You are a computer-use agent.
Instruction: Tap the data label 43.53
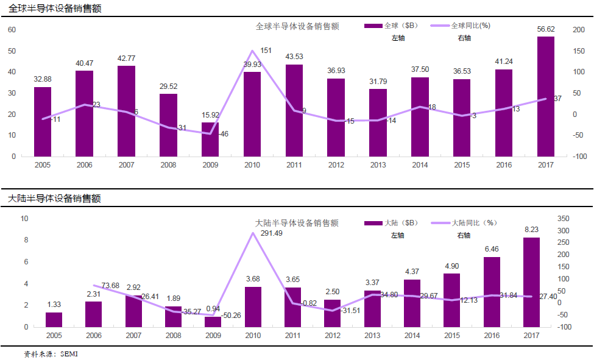point(294,57)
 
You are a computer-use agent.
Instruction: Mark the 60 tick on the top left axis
point(12,30)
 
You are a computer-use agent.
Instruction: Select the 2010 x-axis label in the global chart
point(252,165)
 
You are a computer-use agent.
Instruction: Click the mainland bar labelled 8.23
point(531,282)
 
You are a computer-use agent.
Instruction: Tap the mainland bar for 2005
point(54,319)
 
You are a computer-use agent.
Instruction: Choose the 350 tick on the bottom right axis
point(580,219)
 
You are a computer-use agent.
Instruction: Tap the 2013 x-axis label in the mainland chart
point(372,336)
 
